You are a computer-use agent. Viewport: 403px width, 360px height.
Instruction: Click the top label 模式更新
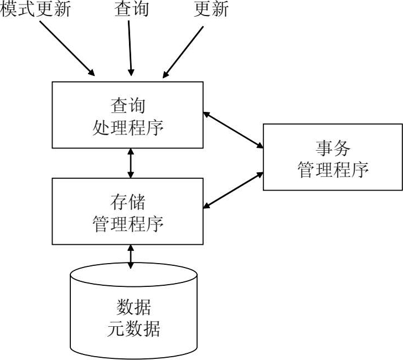click(x=36, y=9)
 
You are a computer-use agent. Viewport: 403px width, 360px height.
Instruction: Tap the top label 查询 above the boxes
click(x=131, y=9)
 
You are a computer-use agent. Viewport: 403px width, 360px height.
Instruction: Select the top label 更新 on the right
click(x=211, y=9)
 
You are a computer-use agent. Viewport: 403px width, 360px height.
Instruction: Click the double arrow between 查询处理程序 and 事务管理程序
click(x=233, y=130)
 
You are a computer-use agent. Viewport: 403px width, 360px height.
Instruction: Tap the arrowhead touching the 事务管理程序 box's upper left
click(x=260, y=146)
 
